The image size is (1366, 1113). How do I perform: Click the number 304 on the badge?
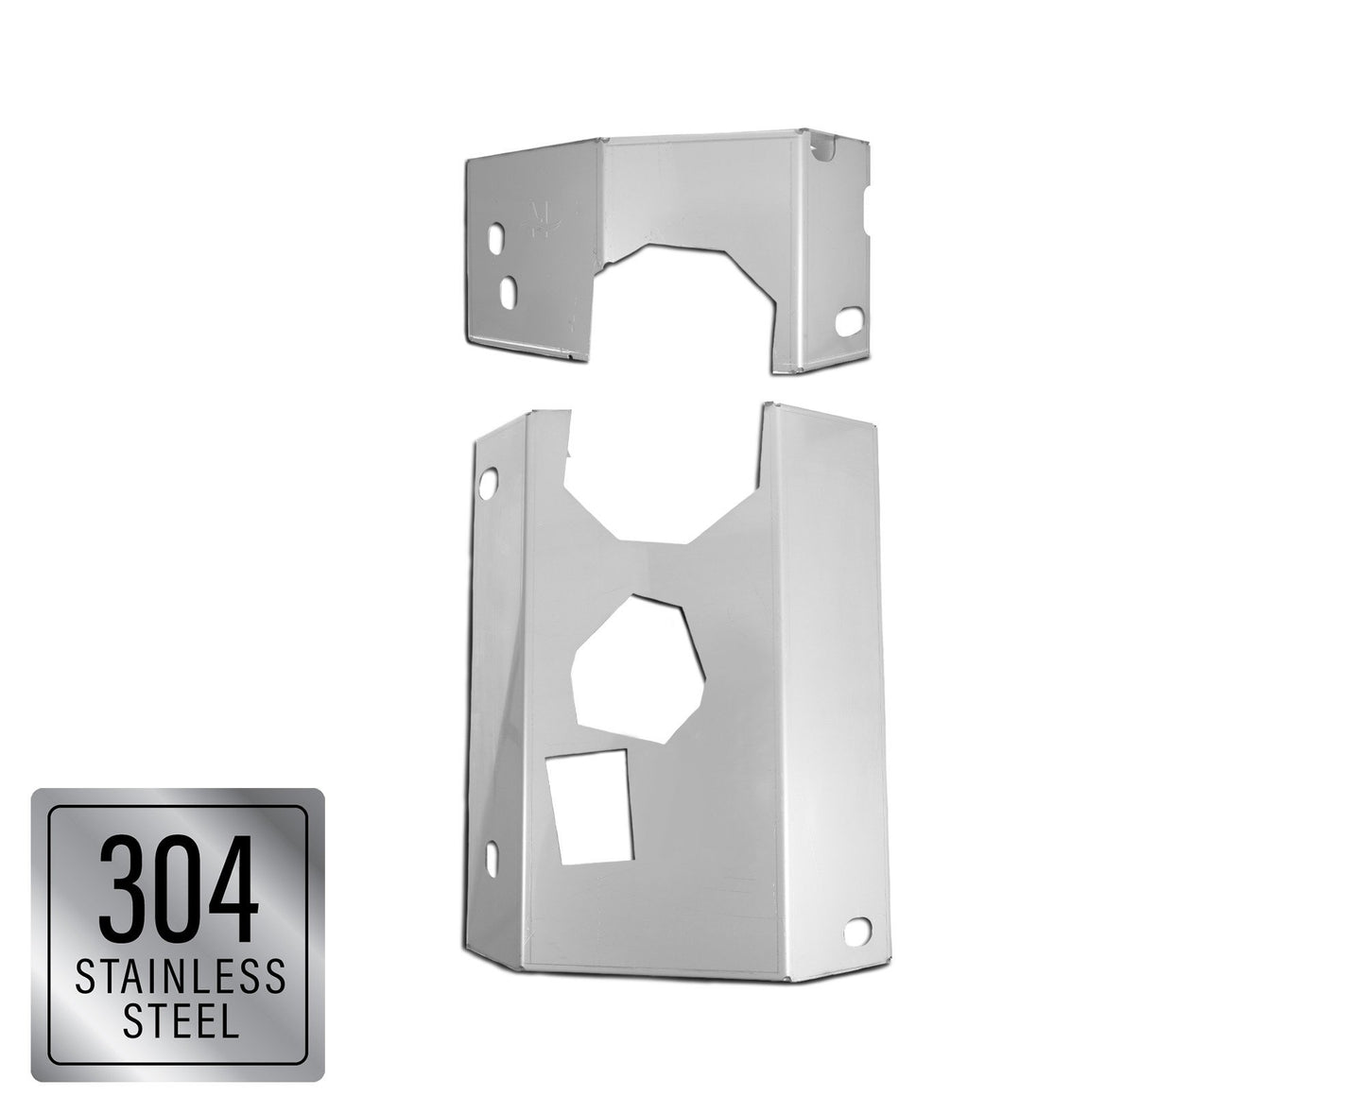(178, 888)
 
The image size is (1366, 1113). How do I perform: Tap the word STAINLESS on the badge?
(180, 977)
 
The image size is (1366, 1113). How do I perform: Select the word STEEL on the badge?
(181, 1019)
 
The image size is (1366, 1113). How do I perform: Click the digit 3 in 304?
(122, 888)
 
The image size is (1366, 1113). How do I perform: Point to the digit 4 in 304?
(232, 888)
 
